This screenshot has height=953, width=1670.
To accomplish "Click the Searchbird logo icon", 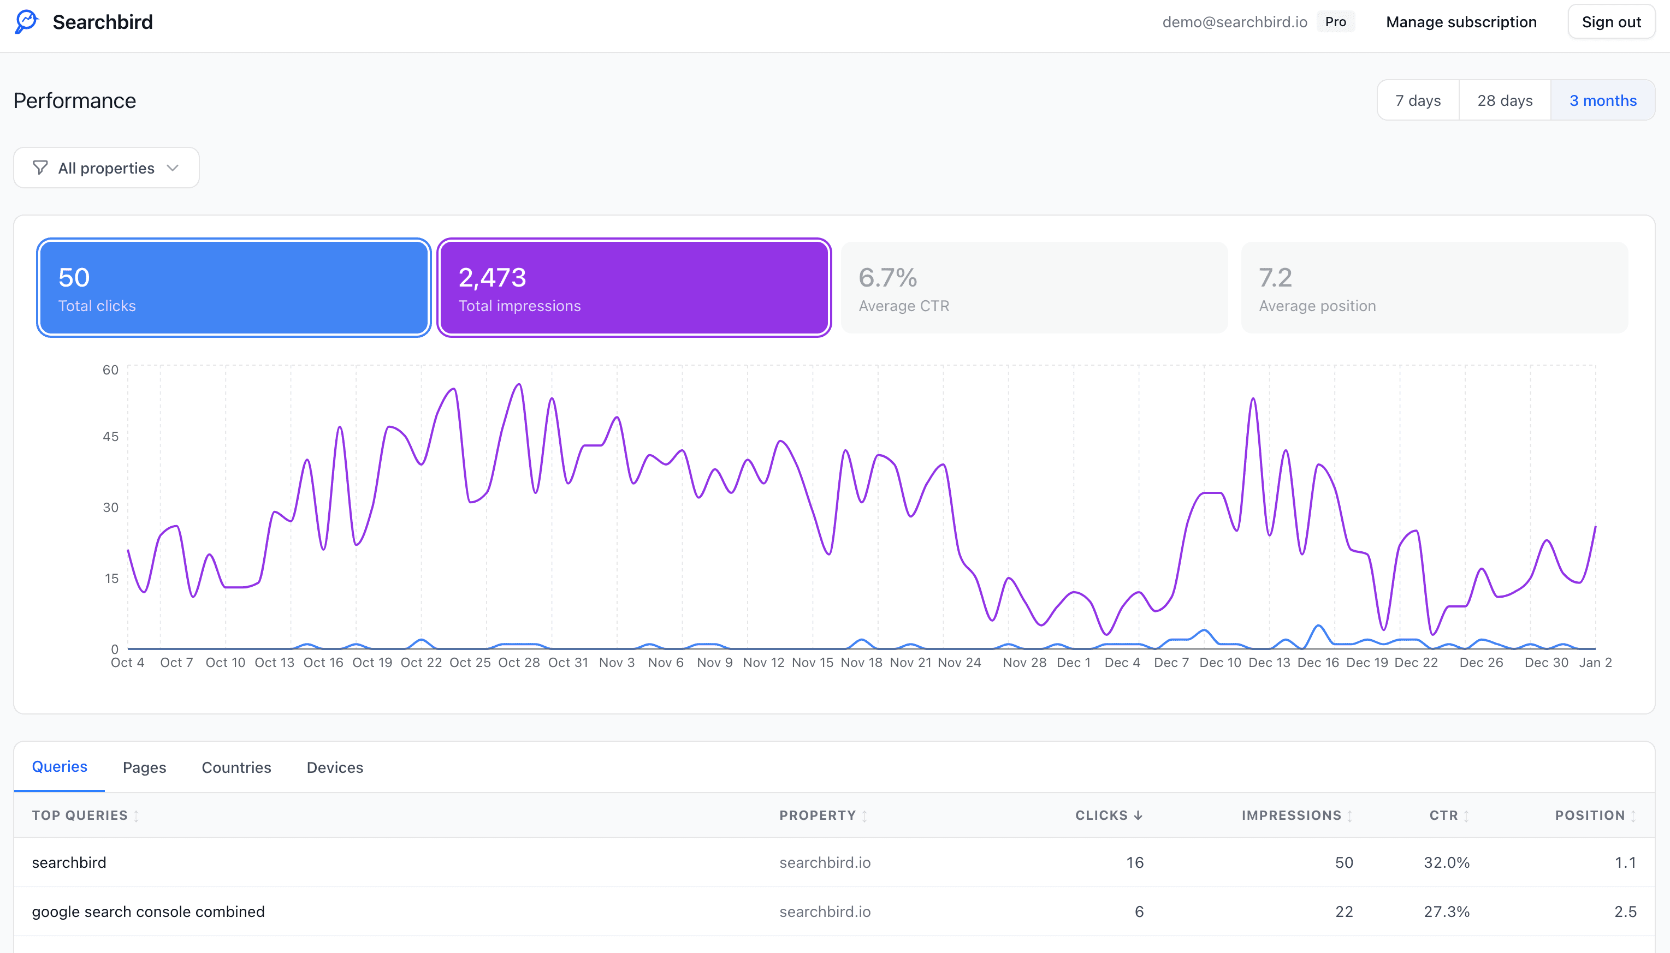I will click(27, 22).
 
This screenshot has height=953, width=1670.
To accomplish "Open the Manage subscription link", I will click(1460, 22).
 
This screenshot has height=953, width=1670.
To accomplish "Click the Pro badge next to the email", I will click(1335, 22).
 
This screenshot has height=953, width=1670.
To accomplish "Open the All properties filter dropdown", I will click(106, 168).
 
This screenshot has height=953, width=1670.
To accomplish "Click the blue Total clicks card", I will click(234, 288).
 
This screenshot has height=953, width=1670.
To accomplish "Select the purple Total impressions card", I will click(633, 288).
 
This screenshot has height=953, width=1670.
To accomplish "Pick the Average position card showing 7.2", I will click(1434, 288).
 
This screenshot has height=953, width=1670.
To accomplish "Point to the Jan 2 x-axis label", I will click(1595, 663).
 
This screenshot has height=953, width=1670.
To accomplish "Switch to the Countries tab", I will click(236, 767).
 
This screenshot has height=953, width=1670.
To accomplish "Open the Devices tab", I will click(335, 767).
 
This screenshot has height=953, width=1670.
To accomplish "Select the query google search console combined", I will click(148, 912).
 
